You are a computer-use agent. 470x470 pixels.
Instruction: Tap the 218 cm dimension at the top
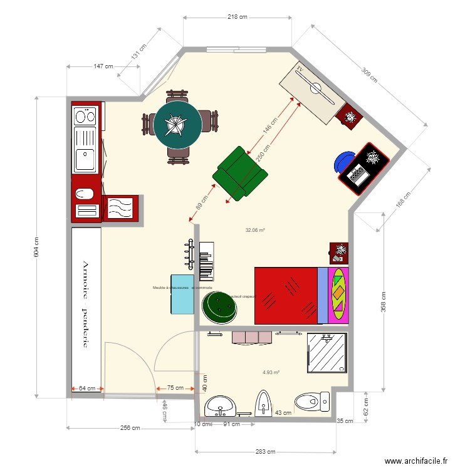click(x=236, y=17)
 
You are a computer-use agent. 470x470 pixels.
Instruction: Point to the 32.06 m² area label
click(x=255, y=230)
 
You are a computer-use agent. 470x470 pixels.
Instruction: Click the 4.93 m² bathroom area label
click(x=271, y=372)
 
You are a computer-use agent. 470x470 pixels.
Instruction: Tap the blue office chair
click(x=343, y=161)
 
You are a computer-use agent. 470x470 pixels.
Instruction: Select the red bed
click(x=286, y=295)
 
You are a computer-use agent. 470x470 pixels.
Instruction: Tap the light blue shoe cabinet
click(x=182, y=293)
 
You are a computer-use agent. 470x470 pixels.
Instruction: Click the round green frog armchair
click(x=219, y=306)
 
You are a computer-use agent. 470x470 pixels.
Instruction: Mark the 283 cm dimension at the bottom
click(x=270, y=451)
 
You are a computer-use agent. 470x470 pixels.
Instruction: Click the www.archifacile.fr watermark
click(x=416, y=461)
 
